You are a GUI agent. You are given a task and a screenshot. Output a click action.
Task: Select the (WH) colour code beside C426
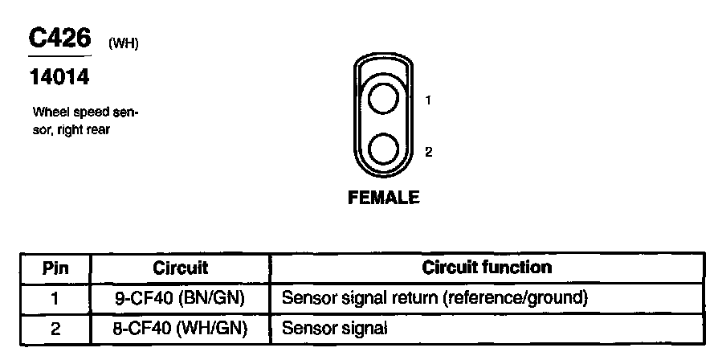click(124, 44)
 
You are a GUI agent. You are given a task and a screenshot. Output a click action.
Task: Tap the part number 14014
click(59, 78)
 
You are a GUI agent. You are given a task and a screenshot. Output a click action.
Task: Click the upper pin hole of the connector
click(383, 100)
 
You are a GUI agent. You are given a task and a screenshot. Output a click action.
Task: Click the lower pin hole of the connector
click(383, 150)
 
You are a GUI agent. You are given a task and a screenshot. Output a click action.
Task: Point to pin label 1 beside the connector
click(429, 100)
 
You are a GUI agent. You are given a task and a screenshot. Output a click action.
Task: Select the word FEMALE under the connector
click(383, 197)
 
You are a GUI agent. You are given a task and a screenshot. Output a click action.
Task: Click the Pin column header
click(55, 268)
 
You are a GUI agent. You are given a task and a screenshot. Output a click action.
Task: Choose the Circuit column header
click(180, 268)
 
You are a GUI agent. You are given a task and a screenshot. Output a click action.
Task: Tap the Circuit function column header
click(487, 268)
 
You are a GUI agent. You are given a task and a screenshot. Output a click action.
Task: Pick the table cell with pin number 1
click(55, 298)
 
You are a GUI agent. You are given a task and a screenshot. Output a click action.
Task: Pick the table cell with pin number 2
click(55, 327)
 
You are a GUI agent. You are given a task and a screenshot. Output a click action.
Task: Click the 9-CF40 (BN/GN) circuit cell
click(180, 298)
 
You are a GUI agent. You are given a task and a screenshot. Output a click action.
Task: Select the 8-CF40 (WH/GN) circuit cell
click(180, 327)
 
